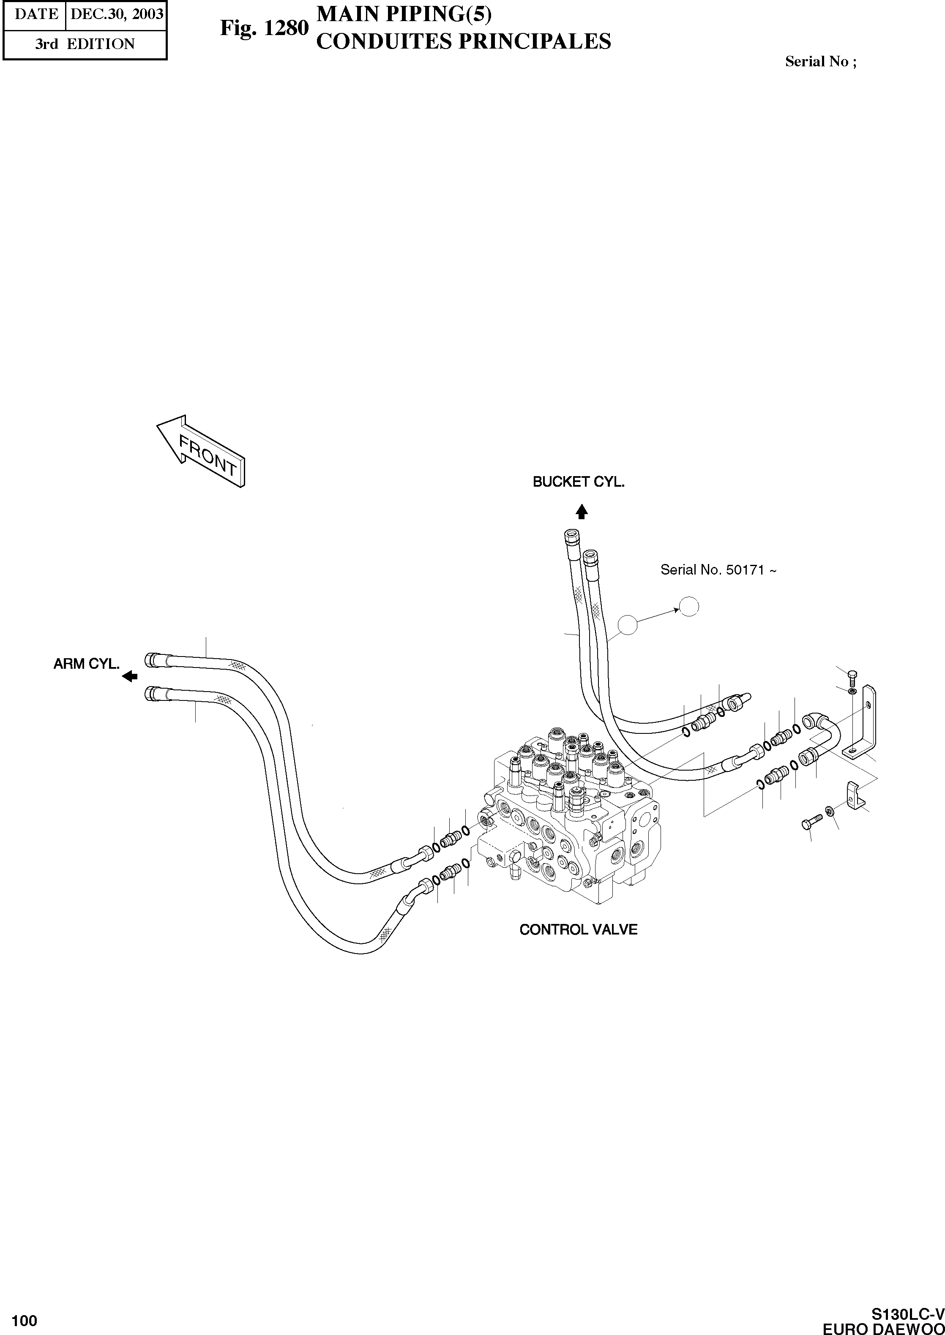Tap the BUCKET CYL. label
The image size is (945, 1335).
pos(579,482)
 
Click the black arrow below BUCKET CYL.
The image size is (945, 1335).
pos(581,511)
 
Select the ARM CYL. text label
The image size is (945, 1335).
pos(86,664)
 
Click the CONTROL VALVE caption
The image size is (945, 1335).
pos(579,929)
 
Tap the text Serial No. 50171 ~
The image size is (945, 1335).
pos(718,570)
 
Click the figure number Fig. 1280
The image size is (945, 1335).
pos(264,28)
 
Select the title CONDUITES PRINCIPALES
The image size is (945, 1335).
pos(463,42)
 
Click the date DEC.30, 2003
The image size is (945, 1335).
pos(116,14)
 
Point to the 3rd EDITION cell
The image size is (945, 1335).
pos(85,44)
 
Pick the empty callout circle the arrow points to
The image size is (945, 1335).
pos(689,607)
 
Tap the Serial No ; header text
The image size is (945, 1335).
pos(820,62)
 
